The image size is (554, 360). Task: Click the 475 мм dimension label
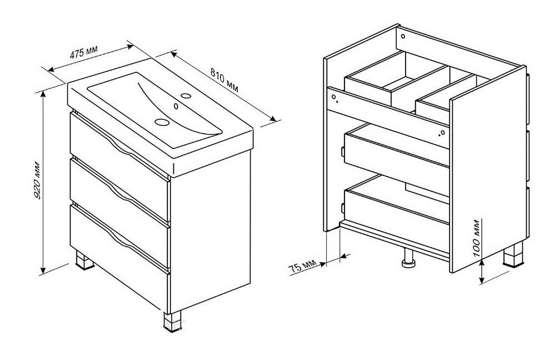click(83, 51)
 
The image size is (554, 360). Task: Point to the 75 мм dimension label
click(302, 266)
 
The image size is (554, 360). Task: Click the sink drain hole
click(162, 122)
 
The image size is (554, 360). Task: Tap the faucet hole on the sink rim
click(186, 96)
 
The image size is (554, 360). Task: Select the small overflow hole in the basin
click(176, 106)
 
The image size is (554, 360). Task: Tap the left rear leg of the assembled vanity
click(85, 261)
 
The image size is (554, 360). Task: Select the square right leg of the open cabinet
click(513, 254)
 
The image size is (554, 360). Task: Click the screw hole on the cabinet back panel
click(403, 36)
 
